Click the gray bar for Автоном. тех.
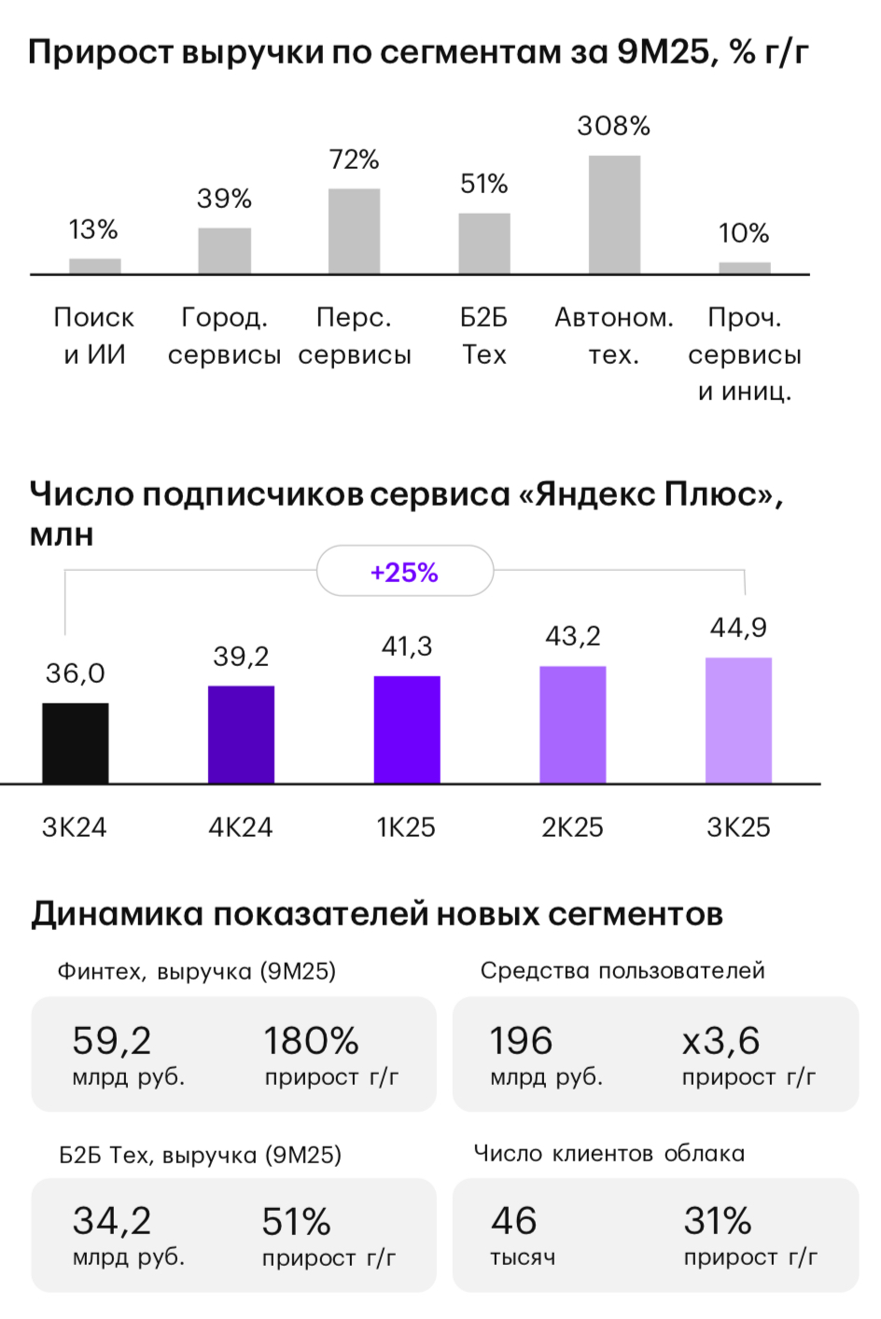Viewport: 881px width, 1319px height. coord(614,215)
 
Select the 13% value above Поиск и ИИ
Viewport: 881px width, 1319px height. coord(93,229)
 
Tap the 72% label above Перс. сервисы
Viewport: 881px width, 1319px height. coord(354,160)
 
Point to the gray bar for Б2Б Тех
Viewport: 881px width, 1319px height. coord(484,243)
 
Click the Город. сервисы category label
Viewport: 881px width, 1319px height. coord(224,336)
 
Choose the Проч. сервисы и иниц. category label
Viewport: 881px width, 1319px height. coord(744,354)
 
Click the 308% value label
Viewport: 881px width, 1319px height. coord(613,126)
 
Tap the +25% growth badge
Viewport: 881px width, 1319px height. coord(404,572)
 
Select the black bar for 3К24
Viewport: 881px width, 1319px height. coord(76,743)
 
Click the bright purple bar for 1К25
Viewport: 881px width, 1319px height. coord(407,729)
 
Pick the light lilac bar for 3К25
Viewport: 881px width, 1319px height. coord(738,720)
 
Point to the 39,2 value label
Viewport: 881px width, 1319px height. coord(241,657)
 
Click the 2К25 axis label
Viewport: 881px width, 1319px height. coord(572,827)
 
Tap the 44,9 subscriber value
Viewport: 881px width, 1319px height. coord(738,628)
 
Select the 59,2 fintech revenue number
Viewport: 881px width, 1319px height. coord(112,1041)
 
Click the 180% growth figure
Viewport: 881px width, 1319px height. coord(311,1041)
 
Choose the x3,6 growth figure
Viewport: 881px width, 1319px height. coord(720,1041)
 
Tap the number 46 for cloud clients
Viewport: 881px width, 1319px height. coord(514,1221)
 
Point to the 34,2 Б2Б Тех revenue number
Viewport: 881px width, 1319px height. coord(112,1221)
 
